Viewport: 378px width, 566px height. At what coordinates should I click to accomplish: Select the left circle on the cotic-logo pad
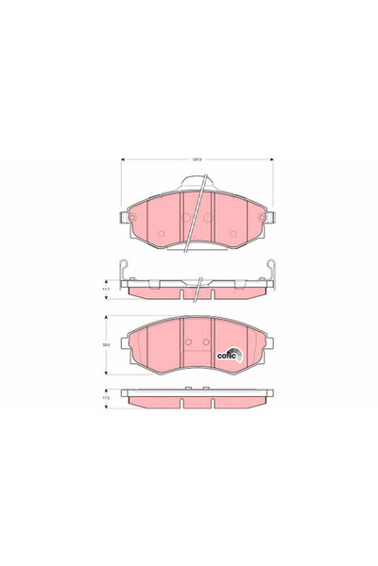[x=188, y=341]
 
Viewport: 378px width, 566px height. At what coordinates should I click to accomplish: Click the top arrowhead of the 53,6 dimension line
[x=118, y=317]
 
